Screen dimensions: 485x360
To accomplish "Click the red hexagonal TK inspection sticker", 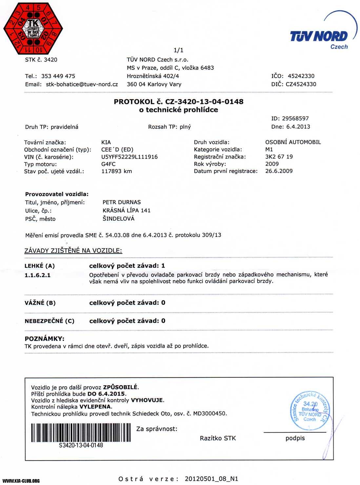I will pos(33,29).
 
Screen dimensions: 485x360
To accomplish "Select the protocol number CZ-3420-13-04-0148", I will pos(204,102).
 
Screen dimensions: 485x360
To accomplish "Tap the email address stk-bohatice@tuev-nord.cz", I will pos(82,84).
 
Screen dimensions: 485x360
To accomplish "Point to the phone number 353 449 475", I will pos(58,76).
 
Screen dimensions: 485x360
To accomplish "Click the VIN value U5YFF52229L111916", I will pos(130,157).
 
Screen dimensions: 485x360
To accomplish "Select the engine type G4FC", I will pos(109,164).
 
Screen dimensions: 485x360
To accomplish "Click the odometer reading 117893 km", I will pos(117,171).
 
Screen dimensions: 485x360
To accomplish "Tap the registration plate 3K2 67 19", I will pos(279,157).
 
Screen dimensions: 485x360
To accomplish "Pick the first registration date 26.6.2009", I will pos(279,171).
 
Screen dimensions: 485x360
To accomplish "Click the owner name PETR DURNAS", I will pos(122,202).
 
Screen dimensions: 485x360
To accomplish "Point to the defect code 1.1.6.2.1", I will pos(37,275).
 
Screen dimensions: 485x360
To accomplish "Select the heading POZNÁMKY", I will pos(45,339).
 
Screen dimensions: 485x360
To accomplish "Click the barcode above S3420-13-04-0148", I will pos(81,433).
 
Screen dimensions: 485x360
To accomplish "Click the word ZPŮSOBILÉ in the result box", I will pos(120,387).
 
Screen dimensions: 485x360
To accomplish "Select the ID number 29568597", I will pos(295,119).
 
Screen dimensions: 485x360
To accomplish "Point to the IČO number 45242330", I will pos(301,76).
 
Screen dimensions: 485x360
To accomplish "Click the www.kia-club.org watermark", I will pos(21,481).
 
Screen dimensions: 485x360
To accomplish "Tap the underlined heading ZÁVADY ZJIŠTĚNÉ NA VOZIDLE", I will pos(73,251).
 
